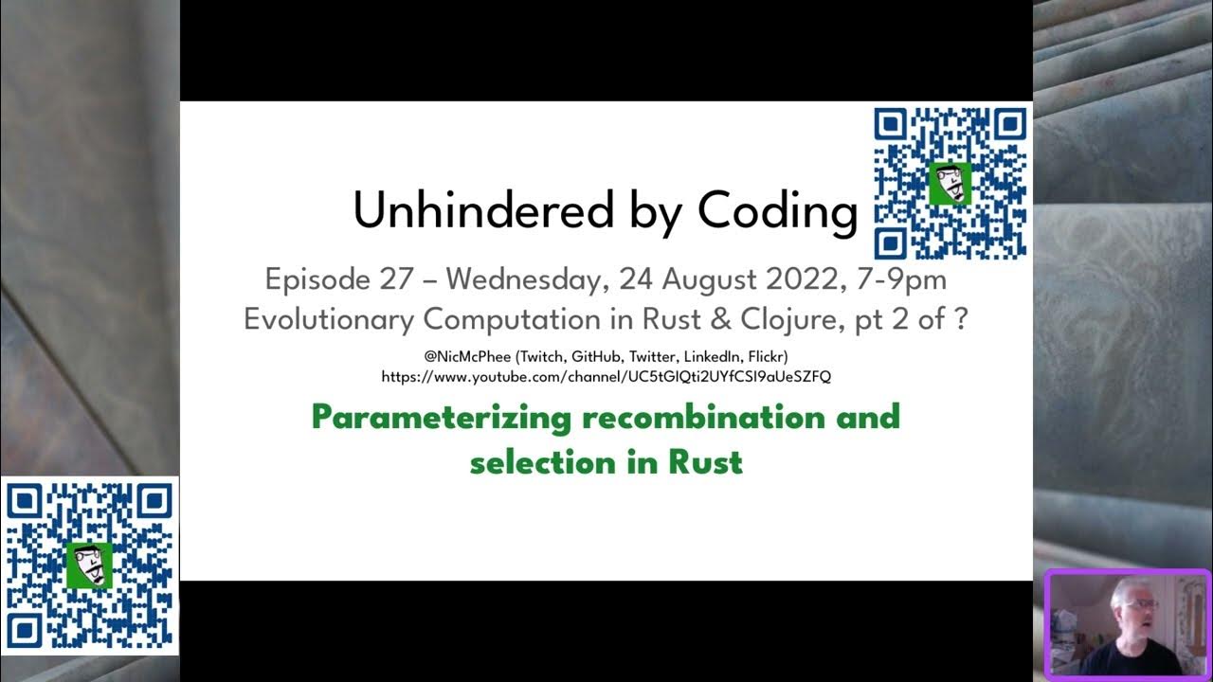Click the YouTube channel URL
[x=606, y=376]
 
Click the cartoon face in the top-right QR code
[x=949, y=183]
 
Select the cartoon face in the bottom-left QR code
[x=90, y=565]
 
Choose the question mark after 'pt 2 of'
[x=960, y=319]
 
